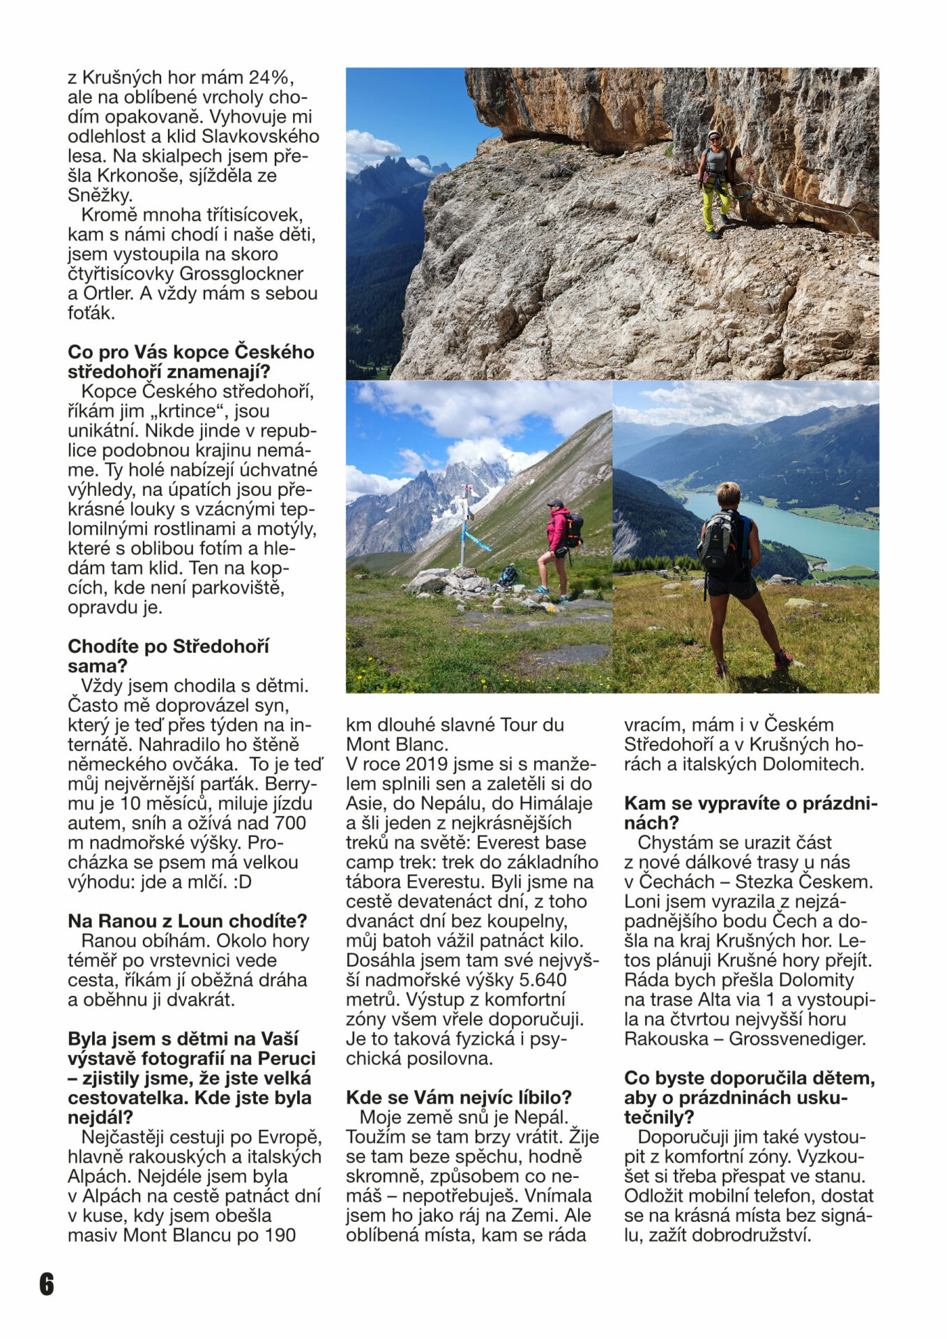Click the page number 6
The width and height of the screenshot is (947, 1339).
(x=46, y=1283)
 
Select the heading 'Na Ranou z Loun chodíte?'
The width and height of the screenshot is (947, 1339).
(x=187, y=921)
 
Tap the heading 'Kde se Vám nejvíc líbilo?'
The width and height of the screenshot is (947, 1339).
(x=458, y=1098)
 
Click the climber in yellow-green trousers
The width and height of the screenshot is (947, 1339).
(x=715, y=183)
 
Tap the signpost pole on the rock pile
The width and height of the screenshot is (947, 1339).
(x=462, y=530)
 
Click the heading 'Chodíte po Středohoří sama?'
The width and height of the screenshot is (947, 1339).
(x=168, y=656)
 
